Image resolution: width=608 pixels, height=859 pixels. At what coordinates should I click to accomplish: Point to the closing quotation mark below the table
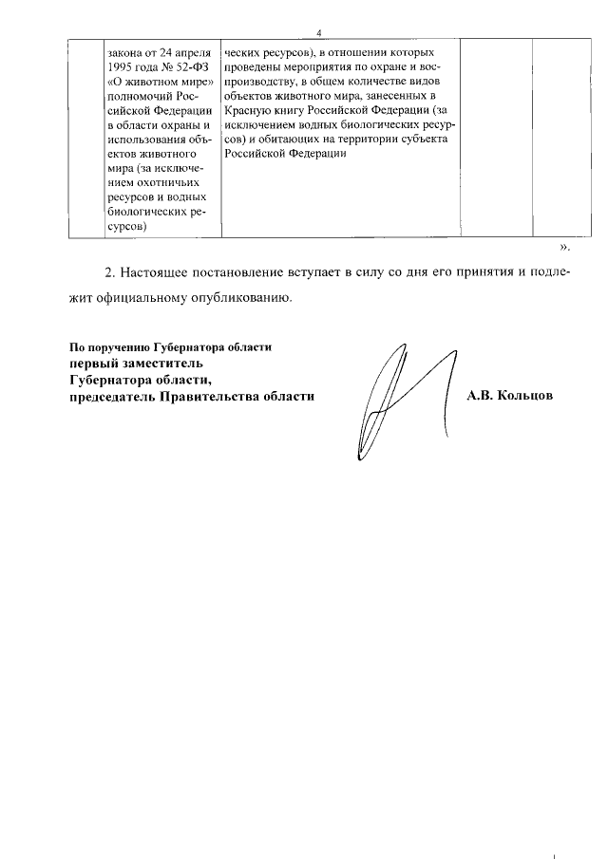(x=564, y=248)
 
